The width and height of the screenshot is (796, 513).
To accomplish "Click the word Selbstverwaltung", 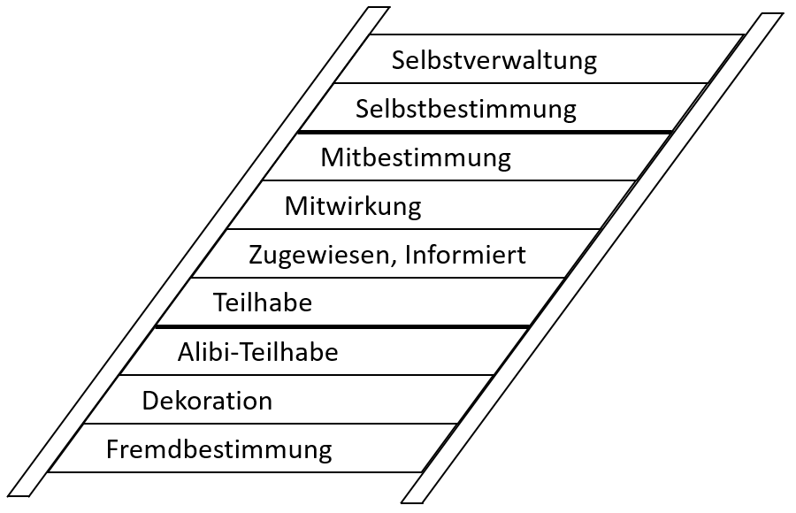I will point(494,61).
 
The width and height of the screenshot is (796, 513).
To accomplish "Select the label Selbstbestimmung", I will point(465,110).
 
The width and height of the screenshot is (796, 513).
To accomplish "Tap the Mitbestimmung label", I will point(416,158).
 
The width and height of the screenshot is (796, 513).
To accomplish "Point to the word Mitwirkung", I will point(353,207).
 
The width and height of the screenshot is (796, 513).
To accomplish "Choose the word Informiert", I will point(465,256).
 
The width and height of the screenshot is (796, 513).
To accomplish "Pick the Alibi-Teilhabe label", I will point(257,352).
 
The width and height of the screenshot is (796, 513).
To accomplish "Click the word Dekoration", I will point(207,401).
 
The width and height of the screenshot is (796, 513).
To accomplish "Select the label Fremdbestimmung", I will point(218,449).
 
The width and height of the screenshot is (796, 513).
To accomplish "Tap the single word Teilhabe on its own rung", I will point(263,303).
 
